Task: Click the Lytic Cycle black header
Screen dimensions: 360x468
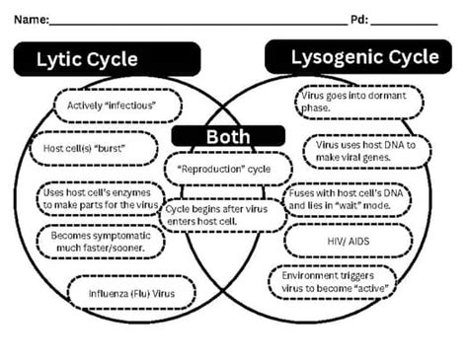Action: [87, 60]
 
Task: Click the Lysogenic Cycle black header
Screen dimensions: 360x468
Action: [364, 57]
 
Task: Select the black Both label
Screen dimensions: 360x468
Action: [228, 136]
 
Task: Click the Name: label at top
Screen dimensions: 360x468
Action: [30, 19]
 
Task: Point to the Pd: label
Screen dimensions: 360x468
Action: [359, 19]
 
